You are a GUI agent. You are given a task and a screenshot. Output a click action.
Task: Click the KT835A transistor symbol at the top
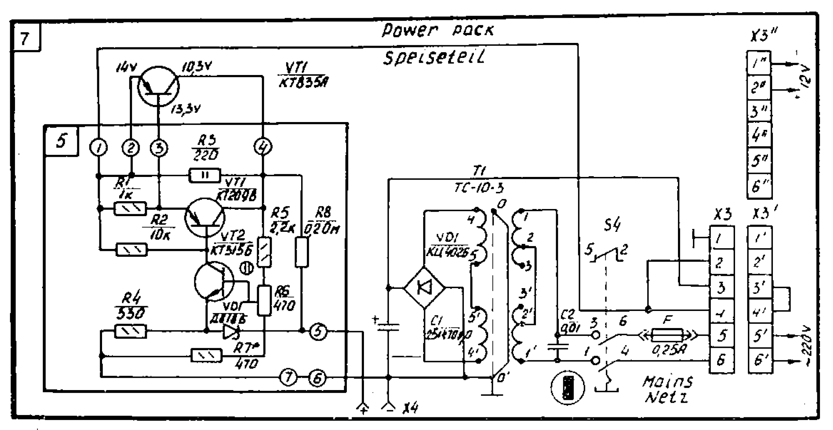pos(158,86)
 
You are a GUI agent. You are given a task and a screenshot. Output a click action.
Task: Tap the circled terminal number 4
pos(263,148)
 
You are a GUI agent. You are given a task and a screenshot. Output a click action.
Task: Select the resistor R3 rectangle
pos(204,175)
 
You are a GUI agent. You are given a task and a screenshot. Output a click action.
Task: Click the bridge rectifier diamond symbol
pos(425,288)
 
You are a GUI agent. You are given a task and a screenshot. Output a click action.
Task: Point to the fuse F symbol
pos(667,335)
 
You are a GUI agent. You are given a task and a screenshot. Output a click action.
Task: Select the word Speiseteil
pos(434,58)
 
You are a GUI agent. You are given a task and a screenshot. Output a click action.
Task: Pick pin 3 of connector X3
pos(721,288)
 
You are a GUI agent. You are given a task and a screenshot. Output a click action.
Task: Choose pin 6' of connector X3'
pos(760,361)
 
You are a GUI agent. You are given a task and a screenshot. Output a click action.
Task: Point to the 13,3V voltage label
pos(185,109)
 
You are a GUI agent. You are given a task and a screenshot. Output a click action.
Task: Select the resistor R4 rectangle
pos(130,331)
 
